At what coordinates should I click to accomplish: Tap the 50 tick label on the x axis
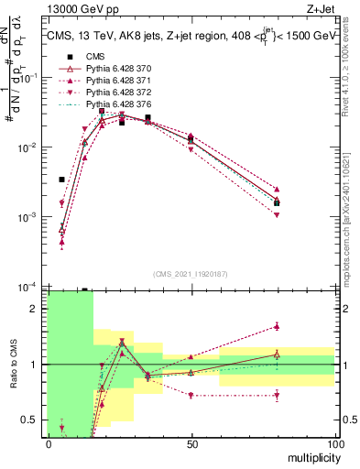191,443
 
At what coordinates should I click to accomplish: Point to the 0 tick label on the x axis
49,443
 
